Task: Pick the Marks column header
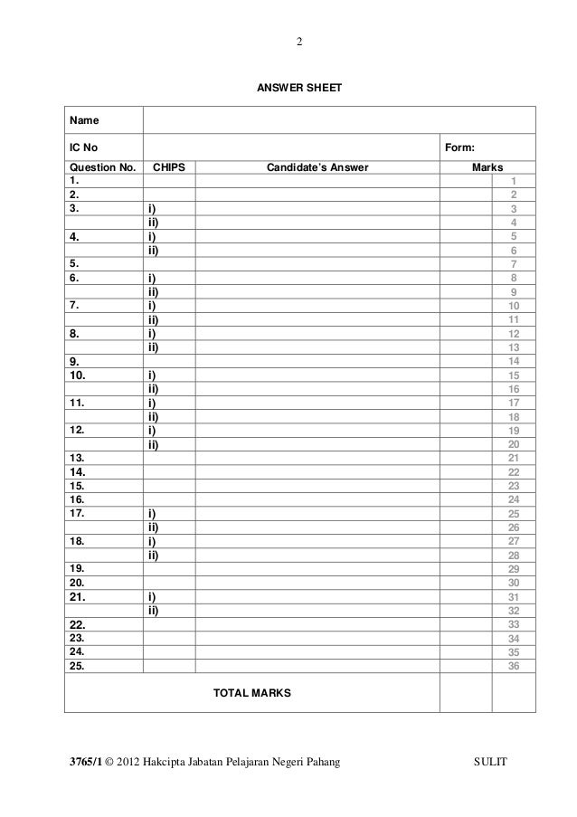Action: pos(487,167)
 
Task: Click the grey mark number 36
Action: pos(514,667)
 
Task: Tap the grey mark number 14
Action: pos(514,361)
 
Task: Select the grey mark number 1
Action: pos(514,181)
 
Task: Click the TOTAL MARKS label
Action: pos(251,694)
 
